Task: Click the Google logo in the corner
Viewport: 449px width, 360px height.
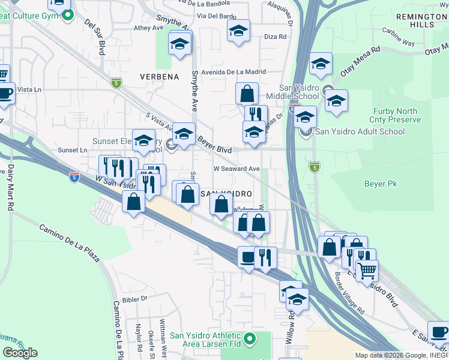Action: point(20,352)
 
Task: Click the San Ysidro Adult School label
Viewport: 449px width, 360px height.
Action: point(360,132)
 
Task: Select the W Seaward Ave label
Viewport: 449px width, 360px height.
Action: point(237,169)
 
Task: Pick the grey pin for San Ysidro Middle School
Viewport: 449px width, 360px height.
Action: point(328,92)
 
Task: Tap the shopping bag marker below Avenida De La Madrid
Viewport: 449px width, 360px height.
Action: point(247,94)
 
